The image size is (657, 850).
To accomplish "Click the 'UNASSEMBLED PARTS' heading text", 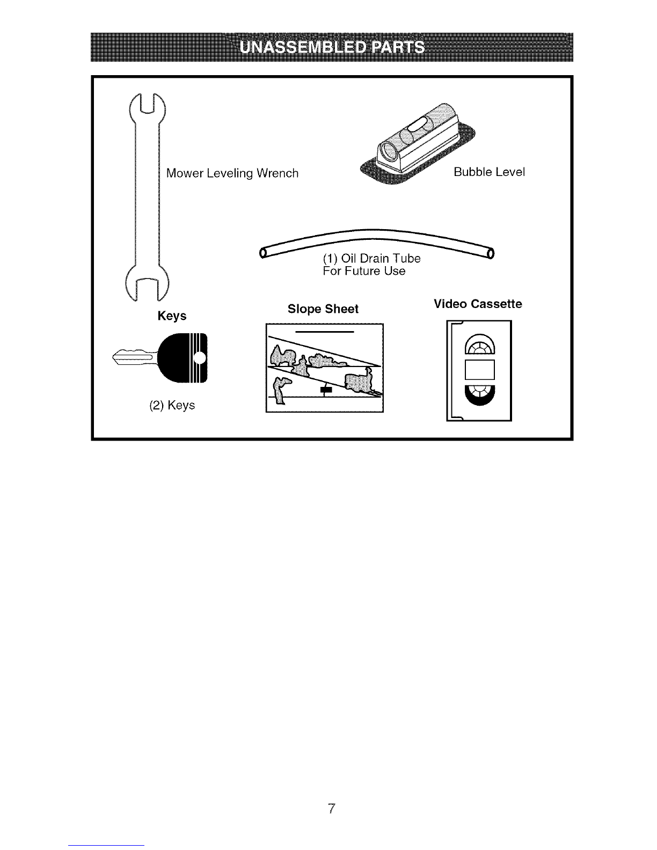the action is tap(332, 47).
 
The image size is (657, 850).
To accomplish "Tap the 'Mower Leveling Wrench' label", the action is tap(232, 173).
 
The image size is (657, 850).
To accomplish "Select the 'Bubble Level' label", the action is tap(489, 172).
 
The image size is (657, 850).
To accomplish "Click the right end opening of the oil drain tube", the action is tap(491, 253).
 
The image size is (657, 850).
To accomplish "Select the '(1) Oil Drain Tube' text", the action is tap(372, 258).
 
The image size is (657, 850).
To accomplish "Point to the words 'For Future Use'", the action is tap(364, 271).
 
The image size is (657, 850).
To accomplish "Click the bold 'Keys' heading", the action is tap(172, 316).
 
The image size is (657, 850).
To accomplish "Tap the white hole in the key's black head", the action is tap(200, 357).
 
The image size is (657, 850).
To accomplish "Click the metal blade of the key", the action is tap(135, 357).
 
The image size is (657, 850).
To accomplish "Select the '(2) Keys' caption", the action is tap(172, 405).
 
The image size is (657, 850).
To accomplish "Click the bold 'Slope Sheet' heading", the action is tap(323, 309).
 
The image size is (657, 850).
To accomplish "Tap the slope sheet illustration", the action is tap(324, 368).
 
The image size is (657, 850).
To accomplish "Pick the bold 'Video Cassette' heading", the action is tap(478, 304).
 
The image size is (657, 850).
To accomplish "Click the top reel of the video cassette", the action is tap(480, 344).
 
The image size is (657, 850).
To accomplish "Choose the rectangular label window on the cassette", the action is tap(480, 370).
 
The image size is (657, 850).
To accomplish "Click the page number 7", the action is tap(331, 808).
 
